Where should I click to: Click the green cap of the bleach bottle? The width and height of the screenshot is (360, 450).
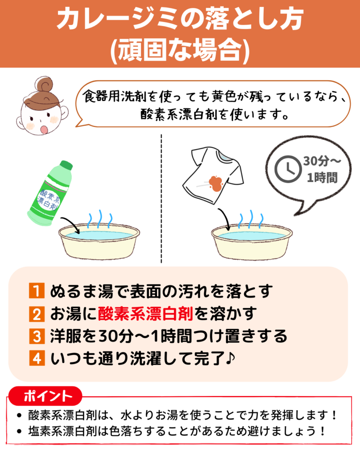click(66, 166)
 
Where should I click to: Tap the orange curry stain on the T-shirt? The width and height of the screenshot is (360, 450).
click(216, 183)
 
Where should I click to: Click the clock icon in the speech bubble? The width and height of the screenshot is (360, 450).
click(288, 169)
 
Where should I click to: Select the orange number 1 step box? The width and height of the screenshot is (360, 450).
click(37, 291)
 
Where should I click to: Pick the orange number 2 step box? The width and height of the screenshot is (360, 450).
click(37, 313)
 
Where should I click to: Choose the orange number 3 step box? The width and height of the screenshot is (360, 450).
click(37, 336)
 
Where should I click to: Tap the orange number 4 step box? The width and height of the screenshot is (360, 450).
click(37, 358)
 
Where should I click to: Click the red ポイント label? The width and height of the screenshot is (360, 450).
click(45, 396)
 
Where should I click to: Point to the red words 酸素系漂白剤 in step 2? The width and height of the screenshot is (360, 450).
click(145, 313)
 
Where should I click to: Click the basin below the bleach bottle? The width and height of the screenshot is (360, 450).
click(99, 241)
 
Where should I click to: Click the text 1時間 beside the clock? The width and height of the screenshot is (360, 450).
click(322, 178)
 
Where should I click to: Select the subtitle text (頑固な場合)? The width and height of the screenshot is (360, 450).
click(180, 51)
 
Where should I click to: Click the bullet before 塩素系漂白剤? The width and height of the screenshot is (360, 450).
click(19, 431)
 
